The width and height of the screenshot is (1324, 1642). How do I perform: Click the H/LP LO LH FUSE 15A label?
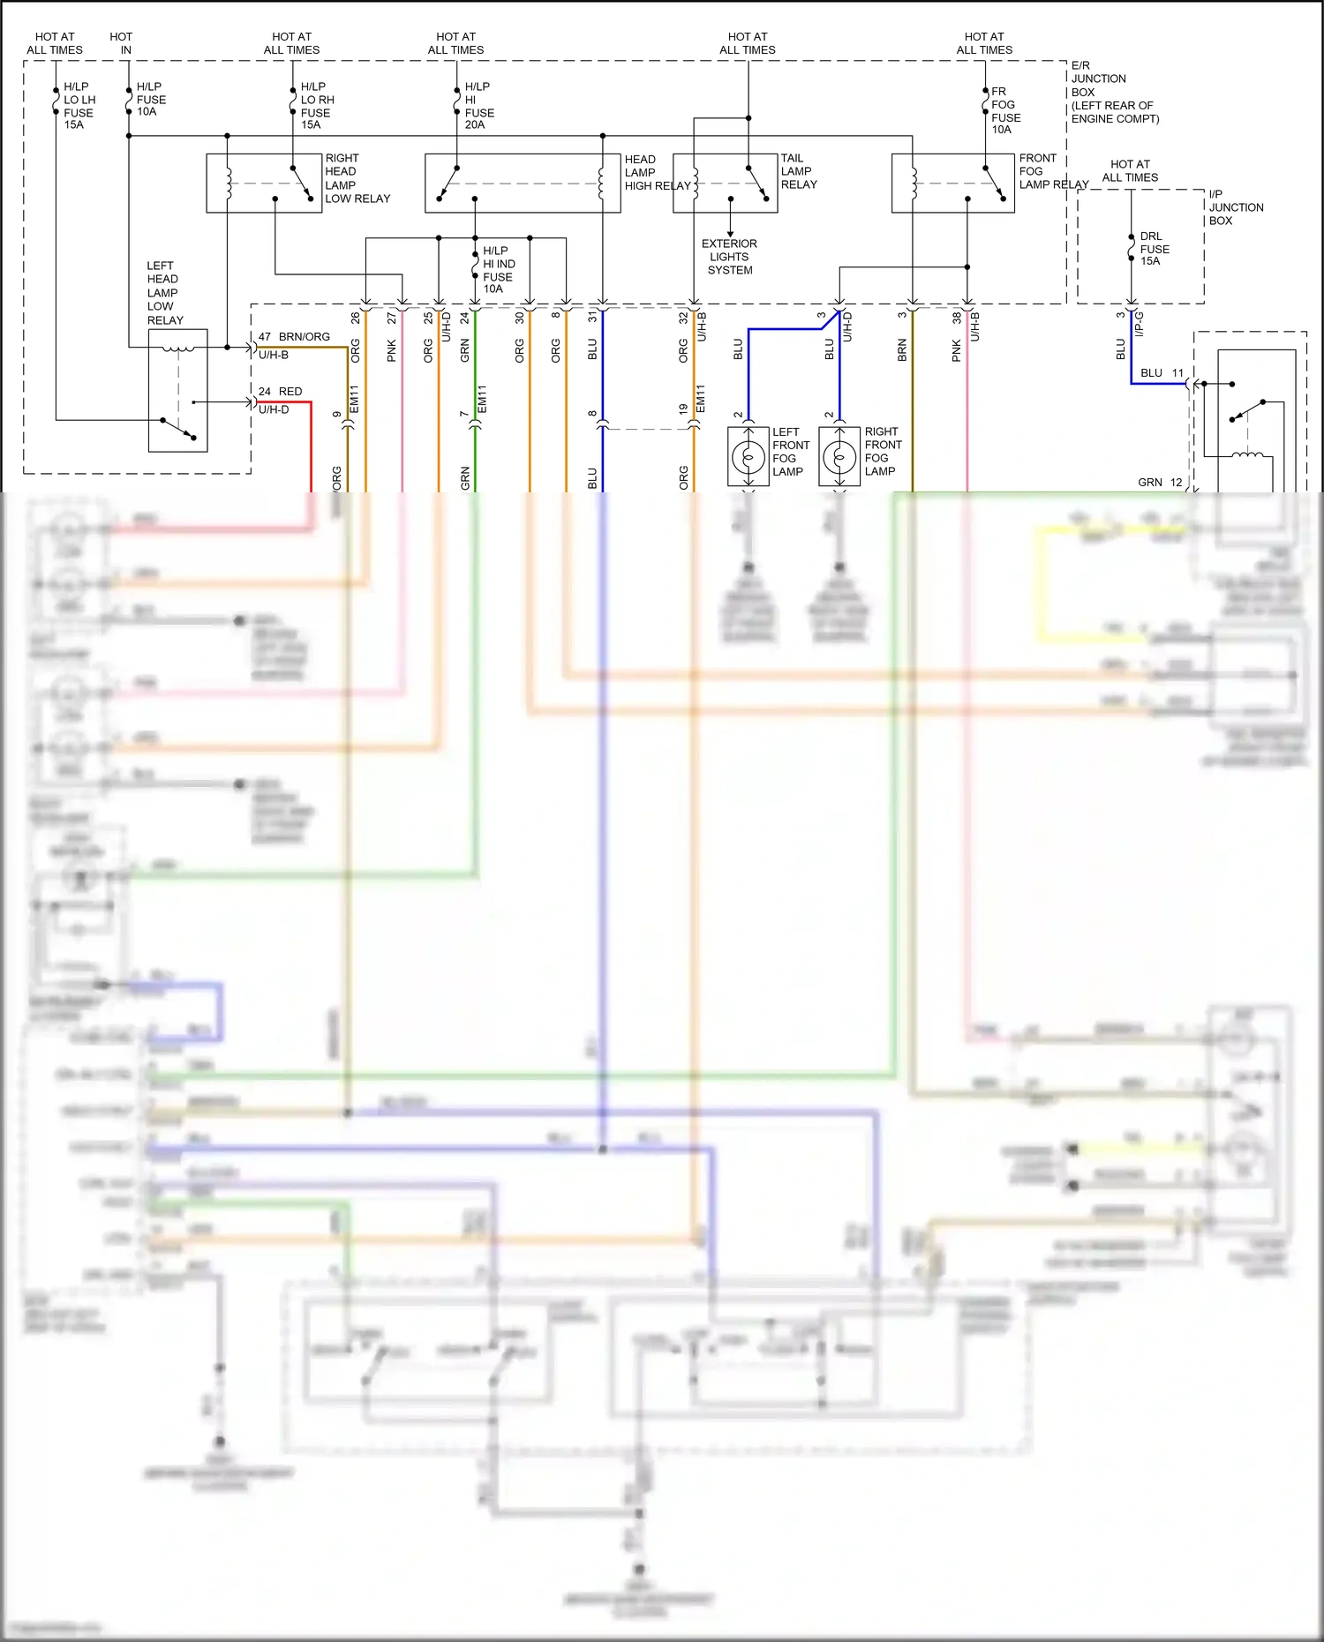pos(79,106)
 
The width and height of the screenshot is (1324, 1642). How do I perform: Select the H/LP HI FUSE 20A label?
pos(479,106)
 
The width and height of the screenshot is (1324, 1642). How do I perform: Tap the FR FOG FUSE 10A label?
pos(1005,110)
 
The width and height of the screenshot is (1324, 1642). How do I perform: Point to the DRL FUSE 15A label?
pos(1154,249)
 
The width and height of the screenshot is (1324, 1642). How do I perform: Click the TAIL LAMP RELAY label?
pos(799,171)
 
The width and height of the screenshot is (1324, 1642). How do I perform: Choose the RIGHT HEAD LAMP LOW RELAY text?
pos(357,178)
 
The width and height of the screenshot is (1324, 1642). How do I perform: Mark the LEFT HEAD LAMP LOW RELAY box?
pos(177,390)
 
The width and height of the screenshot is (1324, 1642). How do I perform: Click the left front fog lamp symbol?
pos(749,457)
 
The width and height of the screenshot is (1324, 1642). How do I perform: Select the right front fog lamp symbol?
pos(839,457)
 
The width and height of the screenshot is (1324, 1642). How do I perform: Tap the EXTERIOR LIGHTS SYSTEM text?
pos(729,257)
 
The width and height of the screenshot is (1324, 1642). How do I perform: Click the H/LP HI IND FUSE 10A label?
pos(499,270)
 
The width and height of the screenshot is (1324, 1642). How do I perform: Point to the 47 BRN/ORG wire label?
pos(294,337)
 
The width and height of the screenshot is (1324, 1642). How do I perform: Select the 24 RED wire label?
pos(281,391)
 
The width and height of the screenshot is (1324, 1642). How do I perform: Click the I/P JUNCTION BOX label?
pos(1236,207)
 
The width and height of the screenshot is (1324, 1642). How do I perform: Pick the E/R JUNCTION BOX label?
pos(1114,92)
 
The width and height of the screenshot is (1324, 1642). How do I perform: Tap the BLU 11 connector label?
pos(1161,373)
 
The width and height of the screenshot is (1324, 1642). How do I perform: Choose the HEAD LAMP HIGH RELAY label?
pos(657,173)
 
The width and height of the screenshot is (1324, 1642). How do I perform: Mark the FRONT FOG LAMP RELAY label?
pos(1053,171)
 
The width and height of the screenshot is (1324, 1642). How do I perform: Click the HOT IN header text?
pos(122,43)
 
